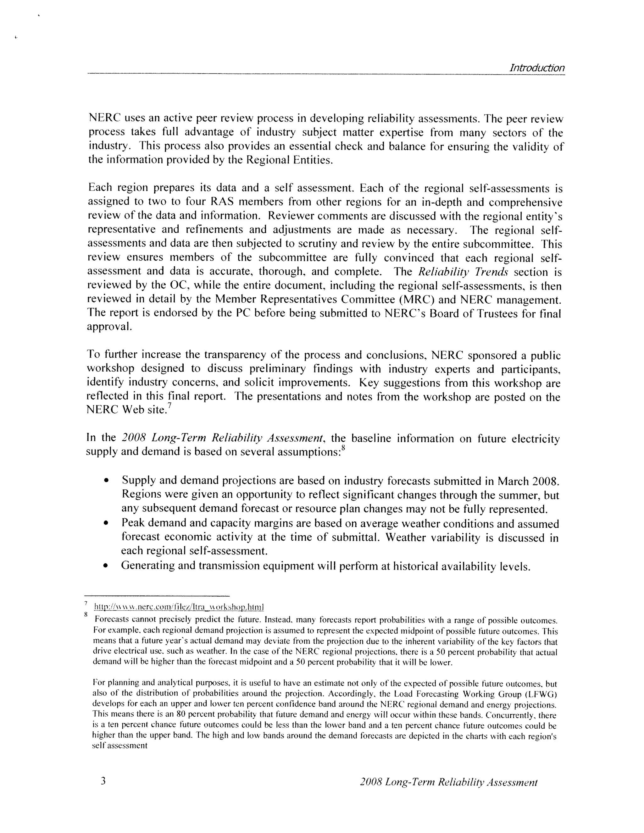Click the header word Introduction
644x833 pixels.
(x=537, y=68)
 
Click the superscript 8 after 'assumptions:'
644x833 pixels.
(x=343, y=448)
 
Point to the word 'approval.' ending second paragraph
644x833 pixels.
(x=109, y=327)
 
